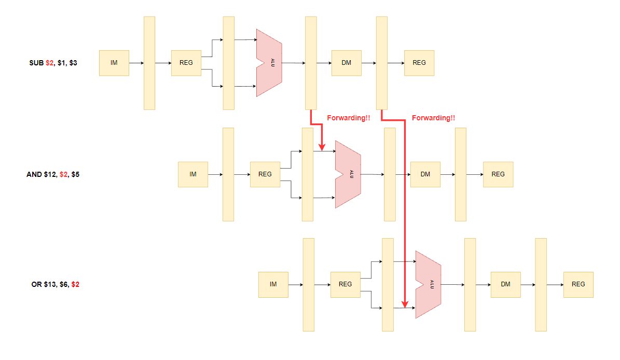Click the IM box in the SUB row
114,63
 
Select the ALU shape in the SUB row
269,63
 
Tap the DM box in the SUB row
346,63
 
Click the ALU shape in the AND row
348,174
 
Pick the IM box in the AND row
193,174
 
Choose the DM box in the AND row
425,174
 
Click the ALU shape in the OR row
428,284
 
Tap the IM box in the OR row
273,284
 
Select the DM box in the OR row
505,284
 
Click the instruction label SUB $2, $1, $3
53,63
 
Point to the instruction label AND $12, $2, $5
53,174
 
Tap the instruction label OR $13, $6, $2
55,284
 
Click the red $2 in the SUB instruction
49,63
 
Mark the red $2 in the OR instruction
75,284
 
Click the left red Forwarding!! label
349,118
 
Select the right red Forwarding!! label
433,118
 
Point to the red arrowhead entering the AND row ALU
322,147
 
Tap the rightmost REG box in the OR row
578,284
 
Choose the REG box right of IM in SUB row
186,63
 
